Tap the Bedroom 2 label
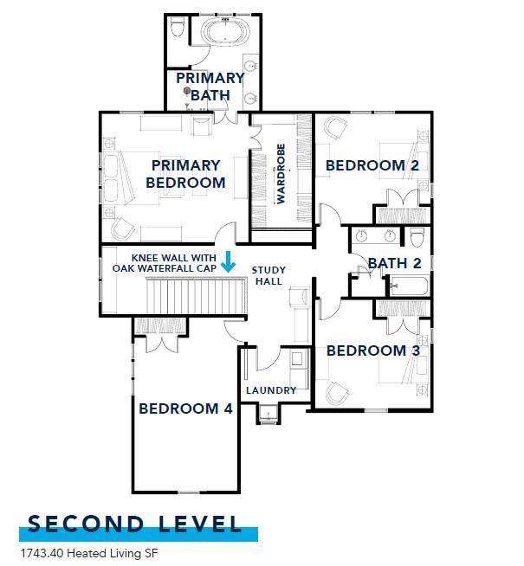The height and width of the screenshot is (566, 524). coord(365,164)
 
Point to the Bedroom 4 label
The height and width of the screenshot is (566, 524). coord(185,408)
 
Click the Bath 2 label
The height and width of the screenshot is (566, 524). coord(394,262)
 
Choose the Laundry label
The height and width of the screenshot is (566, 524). coord(271,390)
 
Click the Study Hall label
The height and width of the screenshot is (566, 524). coord(268,275)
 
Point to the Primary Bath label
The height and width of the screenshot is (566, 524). coord(211,86)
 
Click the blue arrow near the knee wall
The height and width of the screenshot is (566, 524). coord(228,260)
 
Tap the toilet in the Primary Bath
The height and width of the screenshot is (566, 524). coord(178,31)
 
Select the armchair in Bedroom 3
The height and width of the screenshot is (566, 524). coord(336,392)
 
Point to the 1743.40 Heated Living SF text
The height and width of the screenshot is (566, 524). coord(82,551)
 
